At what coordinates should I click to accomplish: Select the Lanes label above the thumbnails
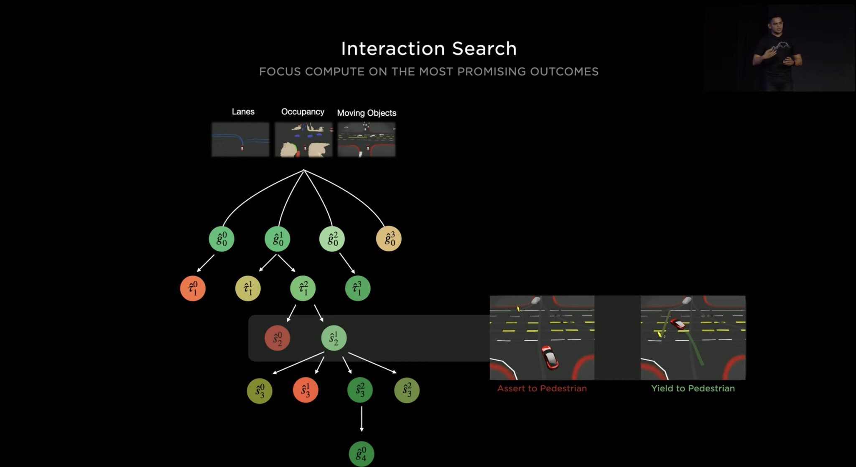pyautogui.click(x=243, y=112)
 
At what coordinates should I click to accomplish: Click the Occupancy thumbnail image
pyautogui.click(x=304, y=140)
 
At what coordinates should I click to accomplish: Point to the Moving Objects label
pyautogui.click(x=367, y=113)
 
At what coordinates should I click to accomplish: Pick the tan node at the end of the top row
pyautogui.click(x=389, y=239)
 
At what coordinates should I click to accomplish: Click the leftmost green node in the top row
pyautogui.click(x=222, y=239)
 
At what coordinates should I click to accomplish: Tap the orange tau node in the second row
pyautogui.click(x=193, y=288)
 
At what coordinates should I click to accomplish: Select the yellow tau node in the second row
pyautogui.click(x=248, y=288)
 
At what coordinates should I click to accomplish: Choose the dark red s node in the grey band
pyautogui.click(x=278, y=338)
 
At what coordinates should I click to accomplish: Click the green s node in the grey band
pyautogui.click(x=334, y=338)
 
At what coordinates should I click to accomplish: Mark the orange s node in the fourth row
pyautogui.click(x=306, y=390)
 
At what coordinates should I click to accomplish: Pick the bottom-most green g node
pyautogui.click(x=362, y=454)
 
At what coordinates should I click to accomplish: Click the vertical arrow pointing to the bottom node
pyautogui.click(x=362, y=419)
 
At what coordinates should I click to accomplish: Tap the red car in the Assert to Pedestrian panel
pyautogui.click(x=550, y=357)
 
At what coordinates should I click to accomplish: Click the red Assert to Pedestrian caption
pyautogui.click(x=542, y=388)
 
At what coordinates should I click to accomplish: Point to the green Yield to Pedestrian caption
pyautogui.click(x=693, y=388)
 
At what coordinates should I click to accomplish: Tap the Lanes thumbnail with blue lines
pyautogui.click(x=240, y=140)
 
